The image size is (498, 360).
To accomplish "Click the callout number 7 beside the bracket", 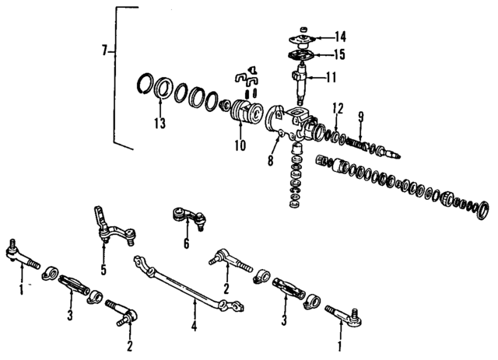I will pos(104,51).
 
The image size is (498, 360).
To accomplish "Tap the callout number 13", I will pos(159,124).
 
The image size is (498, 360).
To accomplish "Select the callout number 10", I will pos(240,145).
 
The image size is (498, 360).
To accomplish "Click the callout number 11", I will pos(331,77).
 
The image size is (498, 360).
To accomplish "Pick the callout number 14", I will pos(342,37).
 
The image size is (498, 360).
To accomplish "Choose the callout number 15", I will pos(340,54).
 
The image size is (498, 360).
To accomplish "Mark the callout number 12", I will pos(337,107).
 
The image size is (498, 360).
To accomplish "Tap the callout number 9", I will pos(360,117).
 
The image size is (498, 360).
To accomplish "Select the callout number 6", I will pos(186,244).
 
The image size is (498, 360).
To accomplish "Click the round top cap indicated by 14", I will pos(300,37).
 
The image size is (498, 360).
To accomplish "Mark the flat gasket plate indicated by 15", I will pos(299,54).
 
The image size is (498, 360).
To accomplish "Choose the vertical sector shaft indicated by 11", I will pos(302,84).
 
